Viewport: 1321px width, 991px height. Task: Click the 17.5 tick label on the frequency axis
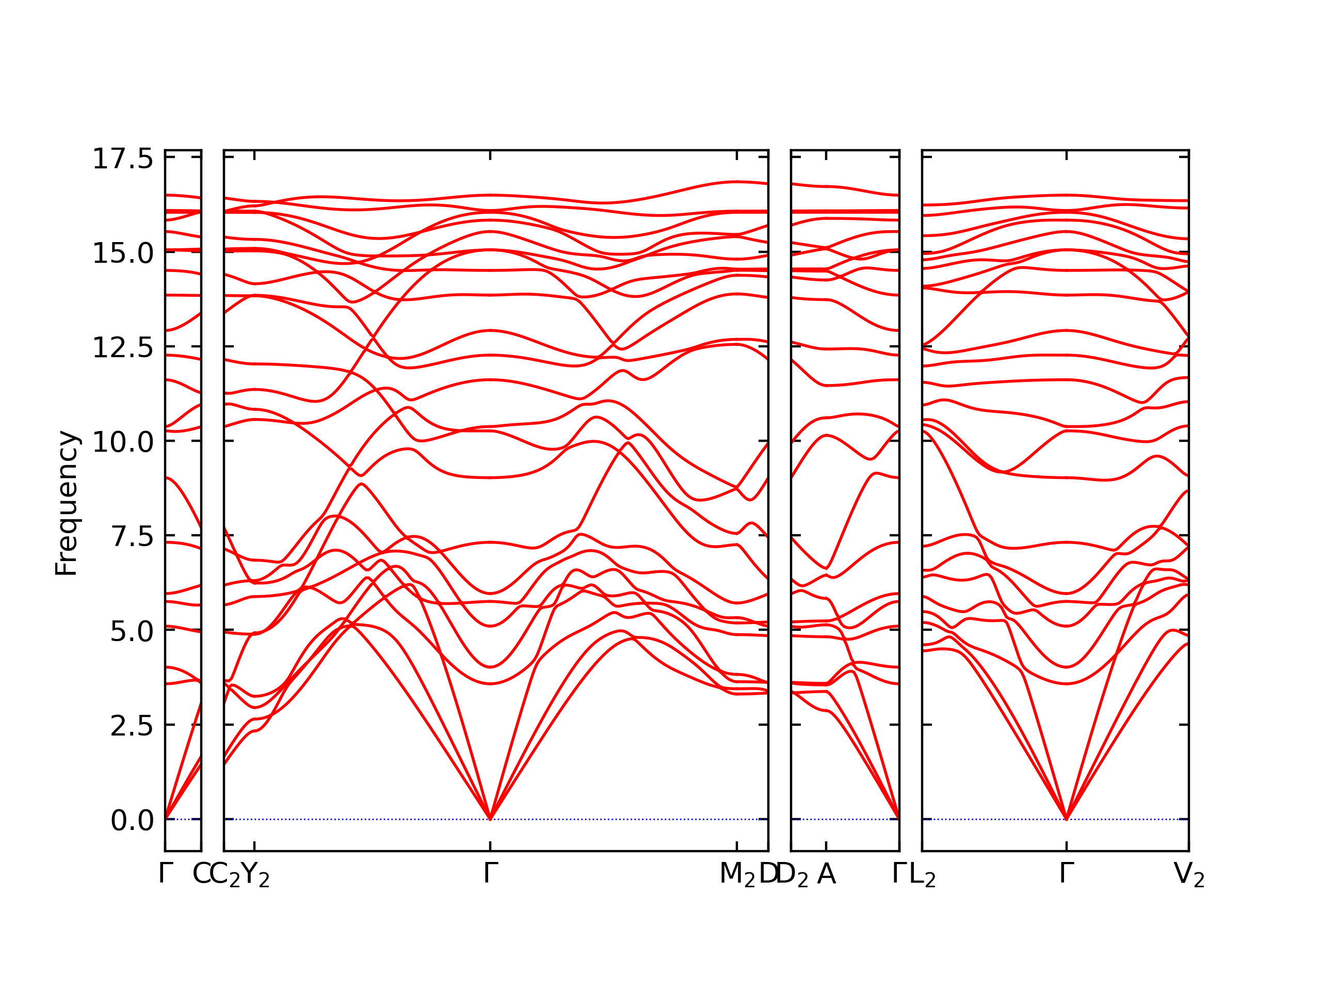tap(122, 159)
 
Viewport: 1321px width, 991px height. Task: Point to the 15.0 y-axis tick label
tap(122, 253)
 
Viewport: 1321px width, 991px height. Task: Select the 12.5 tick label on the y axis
tap(122, 348)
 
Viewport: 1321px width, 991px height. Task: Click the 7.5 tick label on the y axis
tap(132, 537)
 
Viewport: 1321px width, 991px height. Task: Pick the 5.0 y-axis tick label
tap(132, 631)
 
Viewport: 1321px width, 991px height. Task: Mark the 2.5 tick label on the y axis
tap(132, 726)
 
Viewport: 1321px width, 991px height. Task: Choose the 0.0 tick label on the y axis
tap(132, 821)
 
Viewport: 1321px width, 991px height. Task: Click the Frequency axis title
tap(66, 504)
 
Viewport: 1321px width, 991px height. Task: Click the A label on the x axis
tap(827, 874)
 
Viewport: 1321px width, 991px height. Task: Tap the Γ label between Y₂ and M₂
tap(490, 873)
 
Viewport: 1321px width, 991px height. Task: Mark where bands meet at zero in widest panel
tap(490, 819)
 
